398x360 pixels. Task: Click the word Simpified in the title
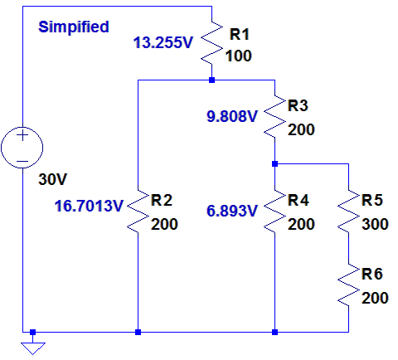tap(74, 27)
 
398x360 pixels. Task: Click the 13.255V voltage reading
tap(163, 43)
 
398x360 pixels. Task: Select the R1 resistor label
tap(240, 35)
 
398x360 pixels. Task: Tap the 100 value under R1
tap(239, 56)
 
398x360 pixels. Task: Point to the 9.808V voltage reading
tap(232, 116)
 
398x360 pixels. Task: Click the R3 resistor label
tap(298, 105)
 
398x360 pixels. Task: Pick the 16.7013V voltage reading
tap(89, 206)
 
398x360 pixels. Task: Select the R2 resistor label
tap(162, 200)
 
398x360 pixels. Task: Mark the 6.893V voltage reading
tap(232, 211)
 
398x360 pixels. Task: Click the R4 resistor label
tap(298, 200)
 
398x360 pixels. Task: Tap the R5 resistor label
tap(372, 200)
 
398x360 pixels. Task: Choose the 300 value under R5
tap(375, 224)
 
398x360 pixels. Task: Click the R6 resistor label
tap(372, 274)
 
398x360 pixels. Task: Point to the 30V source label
tap(52, 179)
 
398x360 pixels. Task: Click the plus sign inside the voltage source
tap(22, 135)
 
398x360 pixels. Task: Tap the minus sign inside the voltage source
tap(22, 161)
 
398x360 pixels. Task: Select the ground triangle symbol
tap(33, 348)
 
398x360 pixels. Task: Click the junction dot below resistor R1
tap(212, 80)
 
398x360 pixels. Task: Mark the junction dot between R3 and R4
tap(274, 164)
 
